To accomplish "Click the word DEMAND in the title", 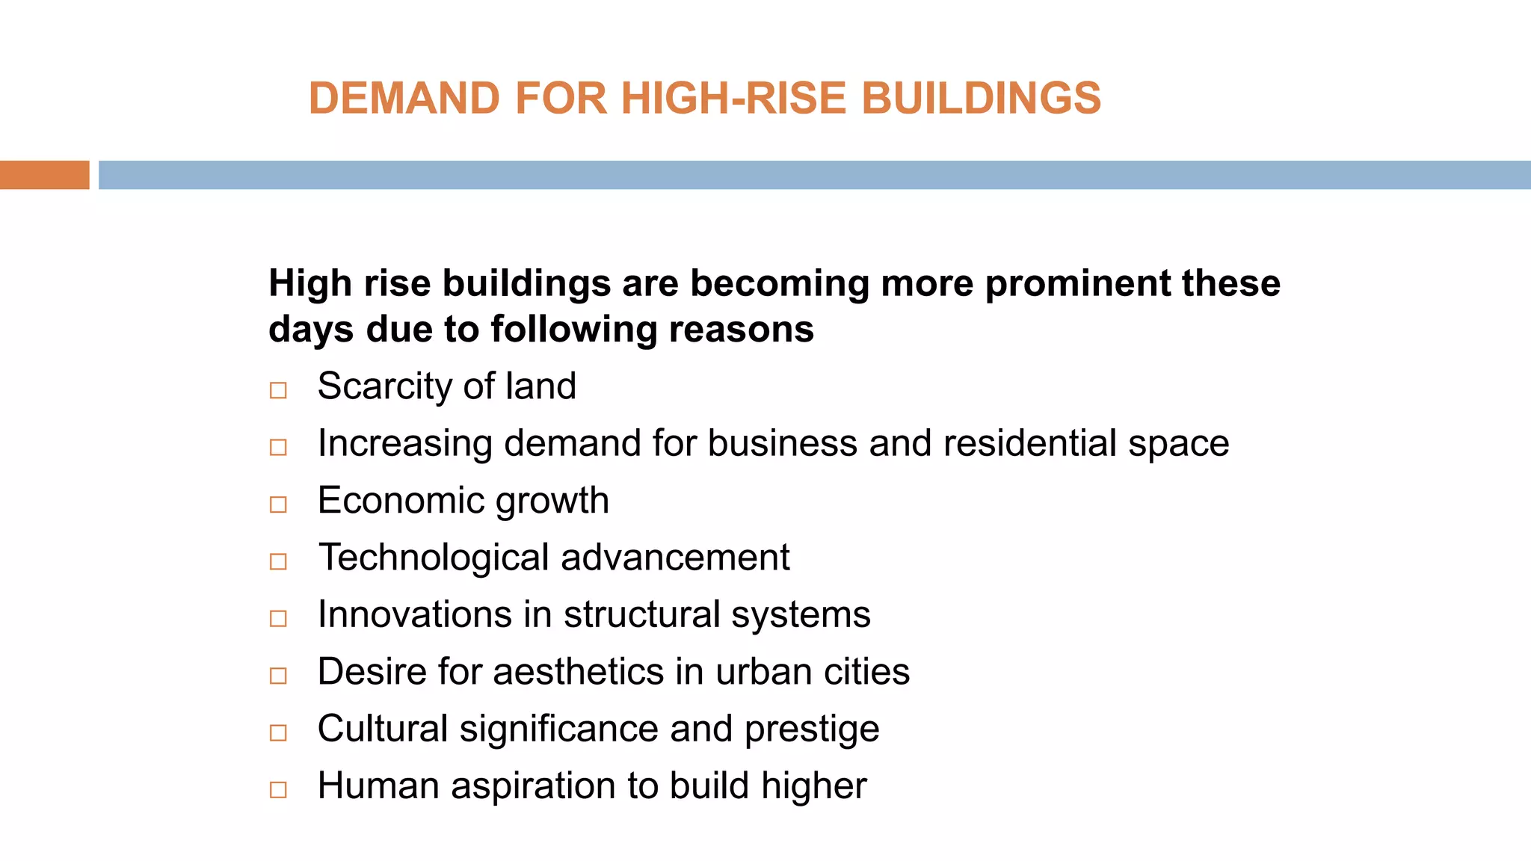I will pos(404,98).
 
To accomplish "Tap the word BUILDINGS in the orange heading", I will pos(981,98).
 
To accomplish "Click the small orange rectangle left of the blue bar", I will pos(44,175).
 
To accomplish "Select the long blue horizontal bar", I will pos(814,175).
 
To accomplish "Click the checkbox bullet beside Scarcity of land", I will pos(278,390).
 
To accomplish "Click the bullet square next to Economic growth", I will pos(278,504).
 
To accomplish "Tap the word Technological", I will pos(434,558).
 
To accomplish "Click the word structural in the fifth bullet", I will pos(641,614).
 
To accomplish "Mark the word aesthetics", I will pos(579,671).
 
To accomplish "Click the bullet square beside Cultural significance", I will pos(278,732).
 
